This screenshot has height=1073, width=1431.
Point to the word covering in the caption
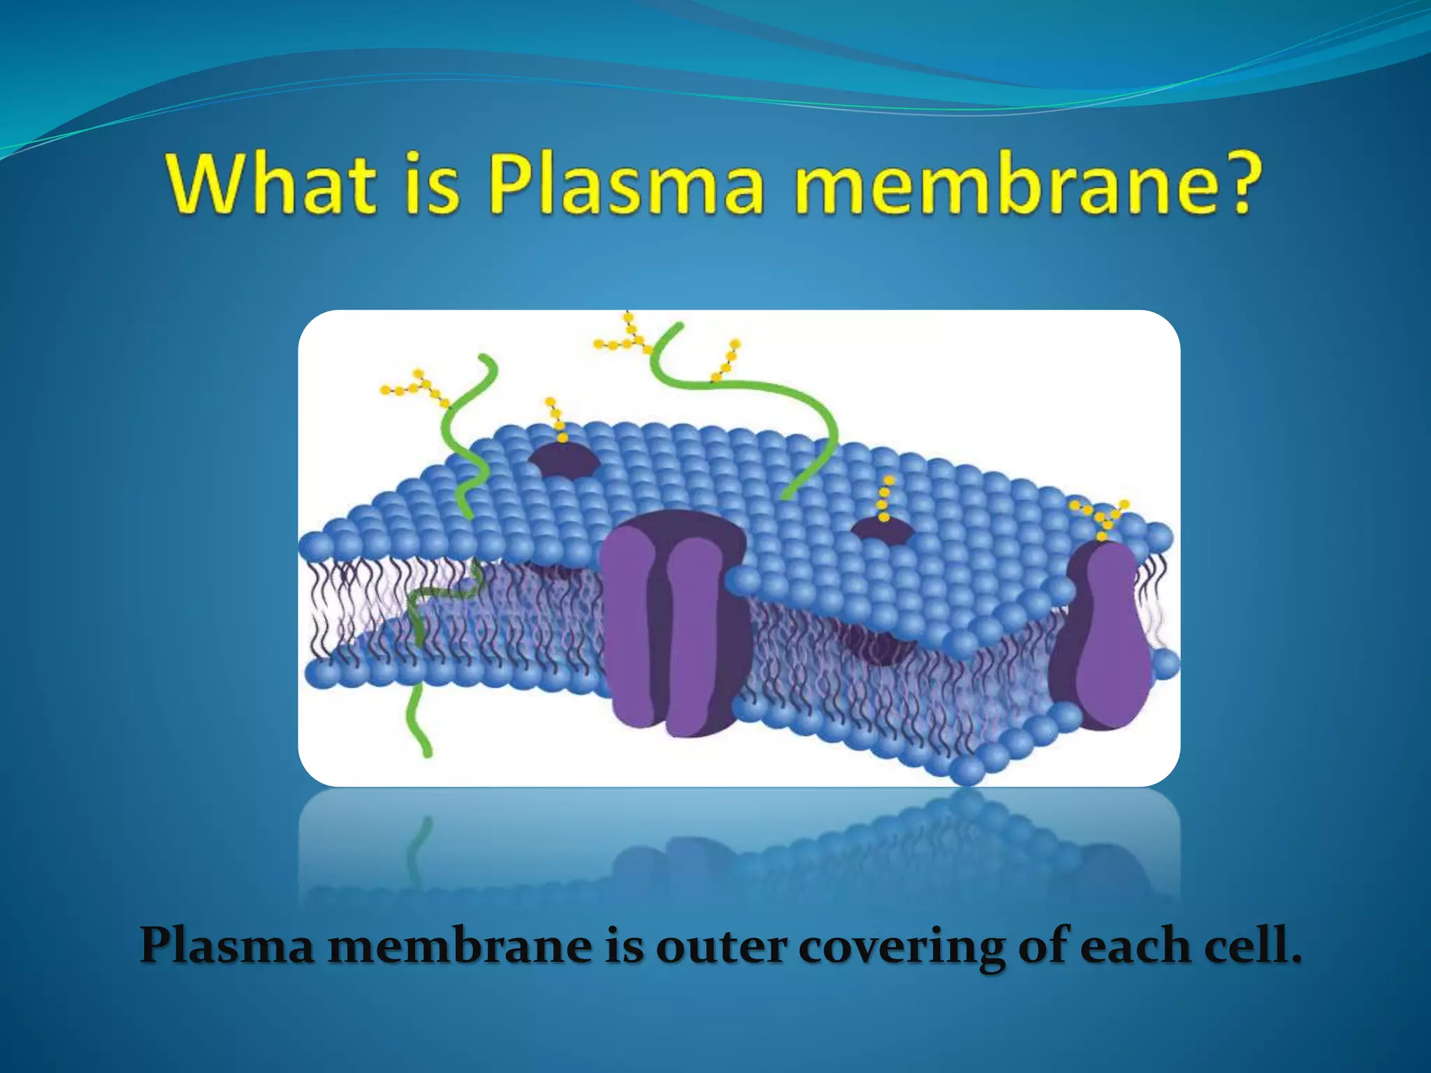[x=902, y=947]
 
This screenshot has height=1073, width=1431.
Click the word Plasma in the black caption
[x=227, y=947]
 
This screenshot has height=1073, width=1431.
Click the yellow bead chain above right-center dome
[x=885, y=499]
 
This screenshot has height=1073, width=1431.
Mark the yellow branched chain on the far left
[x=416, y=388]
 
